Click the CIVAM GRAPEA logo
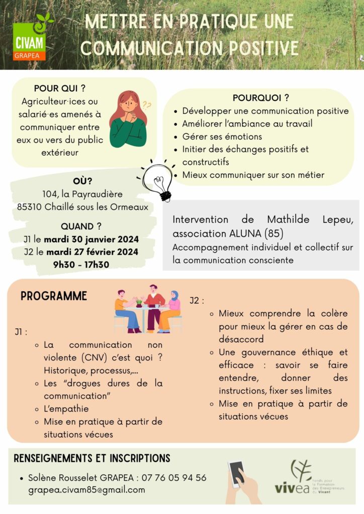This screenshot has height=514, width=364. tap(31, 38)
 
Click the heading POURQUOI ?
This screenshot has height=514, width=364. tap(260, 98)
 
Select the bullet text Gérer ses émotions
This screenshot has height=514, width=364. tap(222, 137)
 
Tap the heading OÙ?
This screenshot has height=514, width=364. tap(82, 182)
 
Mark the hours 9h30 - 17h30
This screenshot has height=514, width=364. tap(81, 265)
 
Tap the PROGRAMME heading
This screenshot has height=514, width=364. tap(54, 296)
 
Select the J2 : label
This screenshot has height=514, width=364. tap(197, 301)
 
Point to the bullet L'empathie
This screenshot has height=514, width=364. tap(66, 409)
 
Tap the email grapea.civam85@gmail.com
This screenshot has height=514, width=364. tap(86, 489)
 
